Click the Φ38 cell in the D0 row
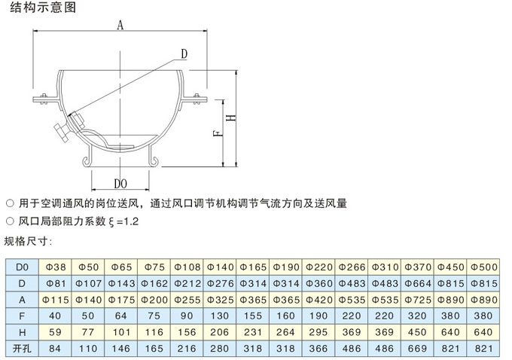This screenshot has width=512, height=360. coord(56,267)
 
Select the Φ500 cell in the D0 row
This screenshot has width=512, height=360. coord(483,267)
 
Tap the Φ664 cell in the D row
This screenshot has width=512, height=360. coord(418,283)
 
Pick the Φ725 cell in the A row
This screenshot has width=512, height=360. coord(418,300)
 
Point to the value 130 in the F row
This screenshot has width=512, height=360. coord(219,316)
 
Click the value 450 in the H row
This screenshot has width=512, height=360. coord(418,332)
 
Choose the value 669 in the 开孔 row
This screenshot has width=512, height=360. coord(418,349)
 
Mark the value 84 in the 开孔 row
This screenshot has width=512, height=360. coord(55,349)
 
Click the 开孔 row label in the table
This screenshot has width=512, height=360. coord(22,349)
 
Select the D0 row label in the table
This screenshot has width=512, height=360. coord(22,267)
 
